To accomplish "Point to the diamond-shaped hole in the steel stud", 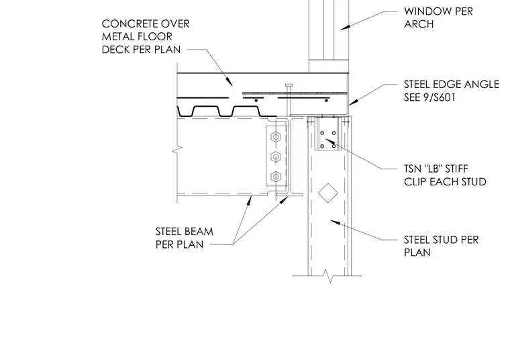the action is point(328,193).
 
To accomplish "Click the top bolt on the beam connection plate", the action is point(276,137).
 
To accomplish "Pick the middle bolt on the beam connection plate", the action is point(276,157).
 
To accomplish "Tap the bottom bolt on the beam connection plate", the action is point(276,177).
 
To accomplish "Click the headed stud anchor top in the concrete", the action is point(289,85).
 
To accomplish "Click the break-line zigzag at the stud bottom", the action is point(330,275).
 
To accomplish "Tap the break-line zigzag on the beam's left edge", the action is point(178,150).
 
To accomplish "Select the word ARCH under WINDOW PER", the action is point(419,24).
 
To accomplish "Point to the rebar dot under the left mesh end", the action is point(256,101).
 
